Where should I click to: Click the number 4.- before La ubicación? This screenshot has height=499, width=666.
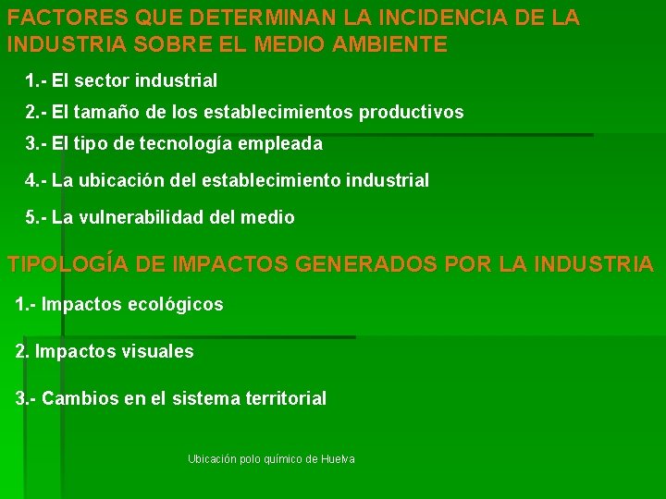36,181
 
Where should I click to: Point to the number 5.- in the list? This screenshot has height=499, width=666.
36,218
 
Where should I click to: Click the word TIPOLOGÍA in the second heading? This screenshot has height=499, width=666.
68,264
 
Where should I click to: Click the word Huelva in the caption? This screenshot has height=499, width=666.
339,459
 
